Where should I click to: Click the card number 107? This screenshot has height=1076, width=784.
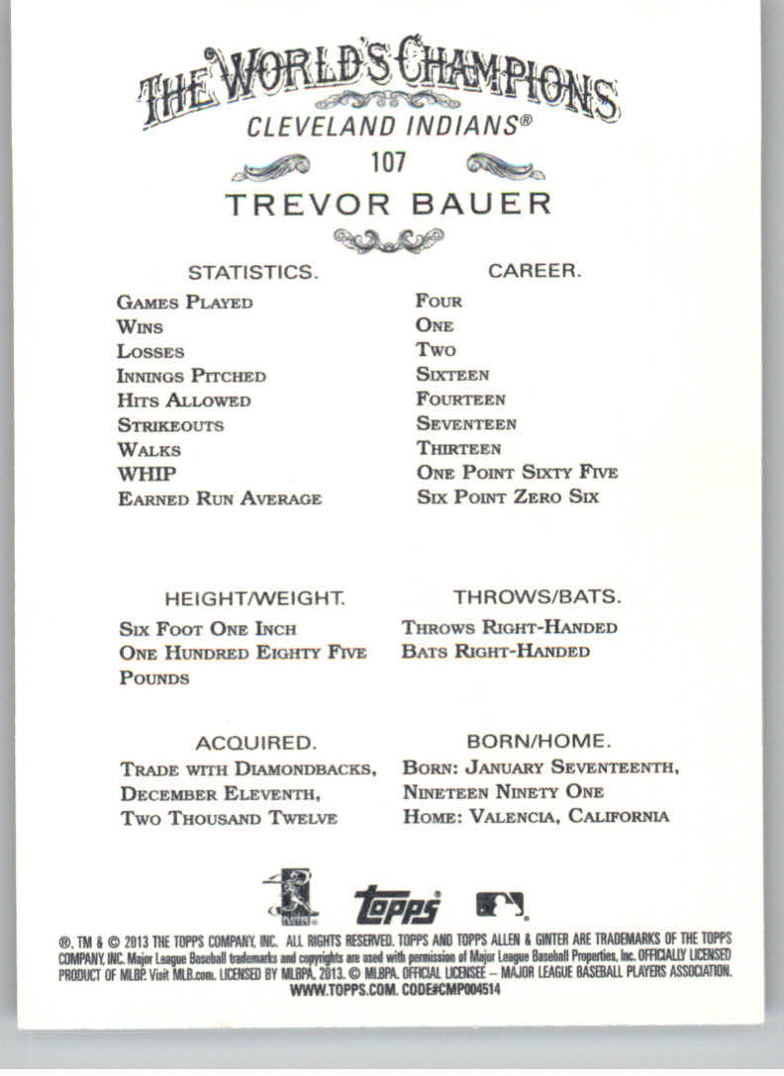coord(389,160)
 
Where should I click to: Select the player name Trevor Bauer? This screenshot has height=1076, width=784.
coord(387,205)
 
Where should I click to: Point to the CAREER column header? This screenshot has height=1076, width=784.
coord(534,270)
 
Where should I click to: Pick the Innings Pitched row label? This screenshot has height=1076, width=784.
coord(191,376)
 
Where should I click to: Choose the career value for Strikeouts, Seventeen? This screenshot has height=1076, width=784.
coord(466,423)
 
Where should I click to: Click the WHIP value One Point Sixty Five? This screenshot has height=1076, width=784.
coord(517,473)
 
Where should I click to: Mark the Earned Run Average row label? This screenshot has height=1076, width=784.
coord(220,498)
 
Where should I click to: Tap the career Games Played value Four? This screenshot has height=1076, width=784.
coord(439,301)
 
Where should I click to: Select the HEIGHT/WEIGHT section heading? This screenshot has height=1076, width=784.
coord(254,598)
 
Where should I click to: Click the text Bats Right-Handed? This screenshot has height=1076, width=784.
coord(496,652)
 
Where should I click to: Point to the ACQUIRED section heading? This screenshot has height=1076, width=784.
coord(254,743)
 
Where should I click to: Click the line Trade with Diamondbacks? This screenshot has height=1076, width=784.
coord(247,768)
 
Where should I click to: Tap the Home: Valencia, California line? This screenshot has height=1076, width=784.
coord(536,816)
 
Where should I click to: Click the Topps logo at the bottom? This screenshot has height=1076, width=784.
coord(397,904)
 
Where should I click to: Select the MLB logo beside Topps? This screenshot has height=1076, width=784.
coord(501,903)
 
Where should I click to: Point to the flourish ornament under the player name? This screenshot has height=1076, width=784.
coord(389,239)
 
